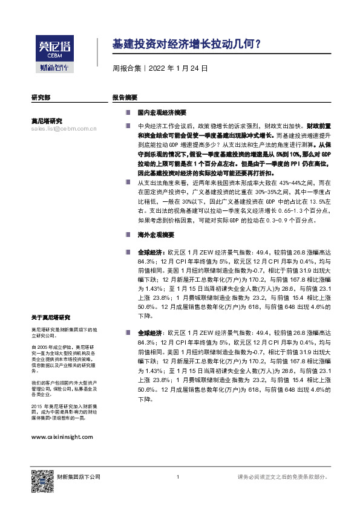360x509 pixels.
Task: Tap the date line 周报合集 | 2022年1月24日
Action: tap(160, 68)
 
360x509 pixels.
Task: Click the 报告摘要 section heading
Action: tap(125, 97)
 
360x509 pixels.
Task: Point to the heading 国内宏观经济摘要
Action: tap(162, 113)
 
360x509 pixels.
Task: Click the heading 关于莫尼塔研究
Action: tap(51, 317)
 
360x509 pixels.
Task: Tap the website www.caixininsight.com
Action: tap(62, 436)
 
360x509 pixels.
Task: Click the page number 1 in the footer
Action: tap(178, 478)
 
